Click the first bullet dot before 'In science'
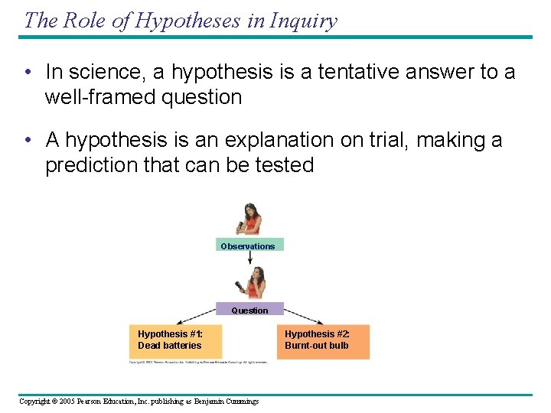[x=27, y=73]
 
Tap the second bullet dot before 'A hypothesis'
[x=27, y=140]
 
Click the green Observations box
[x=249, y=246]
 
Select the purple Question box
[x=249, y=310]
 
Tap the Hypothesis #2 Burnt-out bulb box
[x=325, y=340]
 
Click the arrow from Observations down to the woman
[x=250, y=259]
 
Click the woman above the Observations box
[x=249, y=220]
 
